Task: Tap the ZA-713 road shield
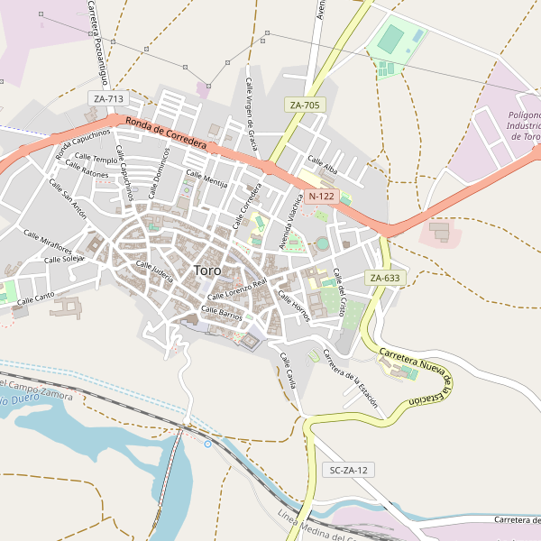pos(108,98)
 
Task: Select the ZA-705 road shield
pos(305,105)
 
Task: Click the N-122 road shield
pos(321,196)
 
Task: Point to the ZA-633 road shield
pos(384,278)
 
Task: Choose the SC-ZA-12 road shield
pos(348,470)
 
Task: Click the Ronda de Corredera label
pos(167,133)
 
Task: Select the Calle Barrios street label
pos(222,311)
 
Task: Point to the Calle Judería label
pos(154,271)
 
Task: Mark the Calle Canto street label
pos(36,297)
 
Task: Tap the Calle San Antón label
pos(68,200)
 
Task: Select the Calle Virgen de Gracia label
pos(252,114)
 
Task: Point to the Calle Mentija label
pos(206,179)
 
